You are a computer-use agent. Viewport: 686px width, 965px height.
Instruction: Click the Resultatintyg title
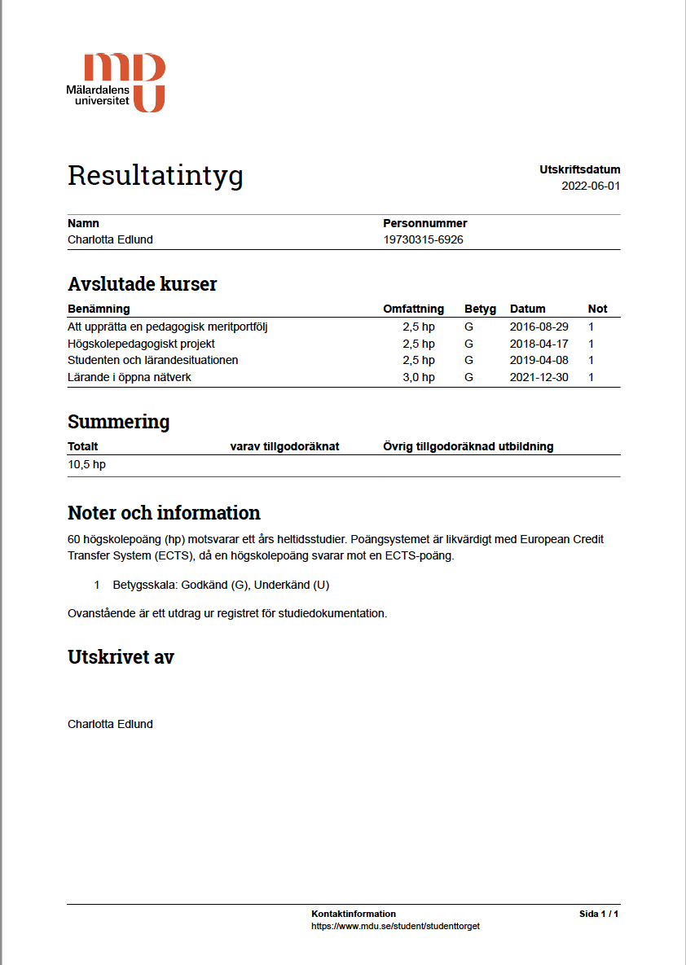tap(155, 175)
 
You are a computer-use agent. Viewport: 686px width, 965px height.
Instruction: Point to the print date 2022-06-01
tap(591, 186)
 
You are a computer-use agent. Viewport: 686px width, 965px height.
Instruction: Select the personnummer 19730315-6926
tap(423, 239)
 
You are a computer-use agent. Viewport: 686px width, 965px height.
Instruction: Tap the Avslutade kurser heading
tap(142, 284)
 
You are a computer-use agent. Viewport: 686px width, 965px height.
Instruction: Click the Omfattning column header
tap(413, 309)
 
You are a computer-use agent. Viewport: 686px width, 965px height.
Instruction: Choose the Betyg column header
tap(480, 309)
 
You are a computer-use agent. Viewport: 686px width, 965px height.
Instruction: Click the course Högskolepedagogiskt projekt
tap(141, 344)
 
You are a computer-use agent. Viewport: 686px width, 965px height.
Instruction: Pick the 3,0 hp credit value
tap(419, 377)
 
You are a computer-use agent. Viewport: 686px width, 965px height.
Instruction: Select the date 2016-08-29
tap(539, 327)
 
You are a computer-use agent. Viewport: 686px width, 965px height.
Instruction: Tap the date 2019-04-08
tap(539, 360)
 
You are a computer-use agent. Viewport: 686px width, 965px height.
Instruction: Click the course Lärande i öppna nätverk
tap(130, 377)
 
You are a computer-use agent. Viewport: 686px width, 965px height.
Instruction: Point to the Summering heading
tap(118, 422)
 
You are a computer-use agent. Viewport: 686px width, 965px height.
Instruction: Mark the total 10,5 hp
tap(86, 464)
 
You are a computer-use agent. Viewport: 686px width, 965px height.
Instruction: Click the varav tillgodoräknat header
tap(284, 446)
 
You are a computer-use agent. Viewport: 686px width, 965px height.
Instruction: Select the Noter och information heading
tap(164, 513)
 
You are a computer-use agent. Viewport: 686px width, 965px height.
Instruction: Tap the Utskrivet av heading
tap(121, 657)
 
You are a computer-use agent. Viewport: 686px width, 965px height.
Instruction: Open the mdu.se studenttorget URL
tap(395, 926)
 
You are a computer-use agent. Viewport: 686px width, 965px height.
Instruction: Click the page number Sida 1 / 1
tap(599, 914)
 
